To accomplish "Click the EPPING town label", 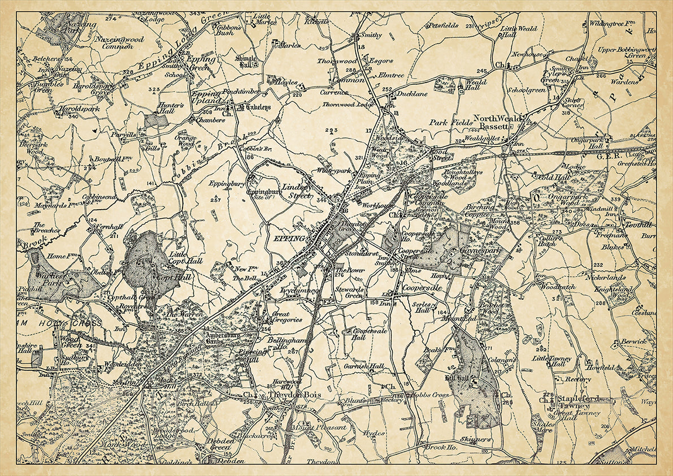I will coord(289,239).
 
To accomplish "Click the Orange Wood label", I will coord(185,140).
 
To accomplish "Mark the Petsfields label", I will coord(443,25).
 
